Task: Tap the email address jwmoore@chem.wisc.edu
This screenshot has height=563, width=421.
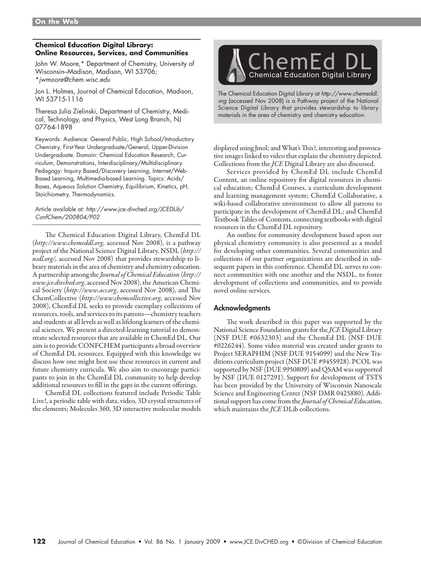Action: tap(74, 80)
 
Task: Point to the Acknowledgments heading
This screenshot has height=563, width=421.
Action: tap(242, 308)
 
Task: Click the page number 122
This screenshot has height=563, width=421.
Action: tap(39, 542)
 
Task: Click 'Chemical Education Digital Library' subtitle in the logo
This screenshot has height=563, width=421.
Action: tap(310, 75)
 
